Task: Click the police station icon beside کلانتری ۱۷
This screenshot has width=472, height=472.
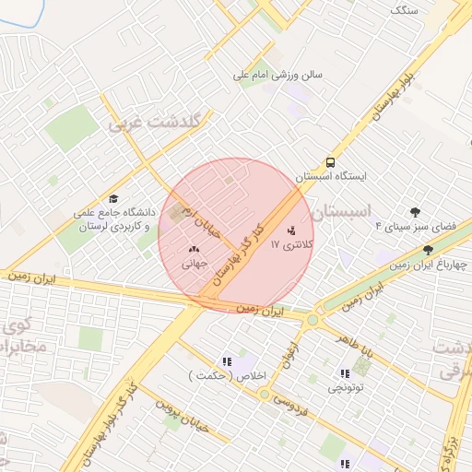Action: pos(292,230)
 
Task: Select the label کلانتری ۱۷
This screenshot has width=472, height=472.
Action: pos(291,245)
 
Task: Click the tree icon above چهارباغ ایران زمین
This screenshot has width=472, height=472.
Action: pos(427,249)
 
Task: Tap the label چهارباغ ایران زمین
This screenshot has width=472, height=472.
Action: pos(427,265)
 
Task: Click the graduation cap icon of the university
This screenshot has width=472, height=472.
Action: pos(113,198)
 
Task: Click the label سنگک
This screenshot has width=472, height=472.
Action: pos(404,9)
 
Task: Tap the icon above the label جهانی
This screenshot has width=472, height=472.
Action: pos(194,249)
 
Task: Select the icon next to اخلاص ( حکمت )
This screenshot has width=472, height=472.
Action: pos(227,360)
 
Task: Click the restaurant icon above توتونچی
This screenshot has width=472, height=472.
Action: pos(345,373)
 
